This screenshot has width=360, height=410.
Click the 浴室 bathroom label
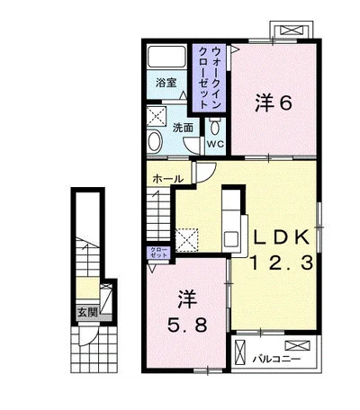[x=166, y=83]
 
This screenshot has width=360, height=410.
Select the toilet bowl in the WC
[x=215, y=127]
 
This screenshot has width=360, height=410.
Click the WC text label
[x=215, y=144]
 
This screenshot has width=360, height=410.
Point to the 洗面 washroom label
[x=183, y=128]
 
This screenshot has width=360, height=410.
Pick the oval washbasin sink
[x=155, y=141]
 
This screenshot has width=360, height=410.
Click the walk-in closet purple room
[x=209, y=78]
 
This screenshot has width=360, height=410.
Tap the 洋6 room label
[x=274, y=103]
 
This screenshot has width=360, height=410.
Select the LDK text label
[x=282, y=237]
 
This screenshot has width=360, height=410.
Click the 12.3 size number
[x=282, y=263]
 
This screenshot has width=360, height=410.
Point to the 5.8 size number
[x=187, y=325]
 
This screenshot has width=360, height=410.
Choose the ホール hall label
[x=168, y=179]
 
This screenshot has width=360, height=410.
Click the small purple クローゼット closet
[x=158, y=253]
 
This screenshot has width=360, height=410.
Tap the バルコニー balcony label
[x=276, y=359]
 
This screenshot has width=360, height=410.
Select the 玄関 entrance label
[x=87, y=313]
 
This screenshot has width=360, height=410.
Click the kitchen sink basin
[x=230, y=239]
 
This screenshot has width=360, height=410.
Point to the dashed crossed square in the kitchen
[x=186, y=240]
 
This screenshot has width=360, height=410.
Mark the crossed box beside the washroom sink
[x=156, y=116]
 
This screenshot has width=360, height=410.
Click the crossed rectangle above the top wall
[x=292, y=31]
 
